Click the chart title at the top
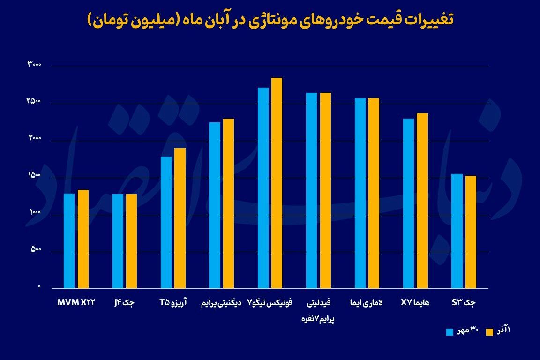pos(270,20)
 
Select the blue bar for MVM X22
pos(69,241)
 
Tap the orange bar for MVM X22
pos(83,239)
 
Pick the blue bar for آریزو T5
pos(166,222)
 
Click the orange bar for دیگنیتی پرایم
pos(228,203)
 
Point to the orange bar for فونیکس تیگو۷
pos(277,183)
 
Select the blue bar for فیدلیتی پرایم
pos(311,190)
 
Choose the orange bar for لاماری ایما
pos(374,193)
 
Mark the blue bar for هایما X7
pos(408,203)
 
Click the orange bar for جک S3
pos(471,232)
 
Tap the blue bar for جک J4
pos(118,241)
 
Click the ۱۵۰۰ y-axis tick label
pos(35,175)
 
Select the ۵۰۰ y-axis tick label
pos(36,249)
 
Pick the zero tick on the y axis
pos(39,286)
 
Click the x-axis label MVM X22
pos(76,303)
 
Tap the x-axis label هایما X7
pos(415,303)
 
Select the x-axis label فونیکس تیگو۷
pos(270,303)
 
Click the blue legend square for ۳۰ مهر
pos(450,332)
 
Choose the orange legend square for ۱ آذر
pos(490,332)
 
